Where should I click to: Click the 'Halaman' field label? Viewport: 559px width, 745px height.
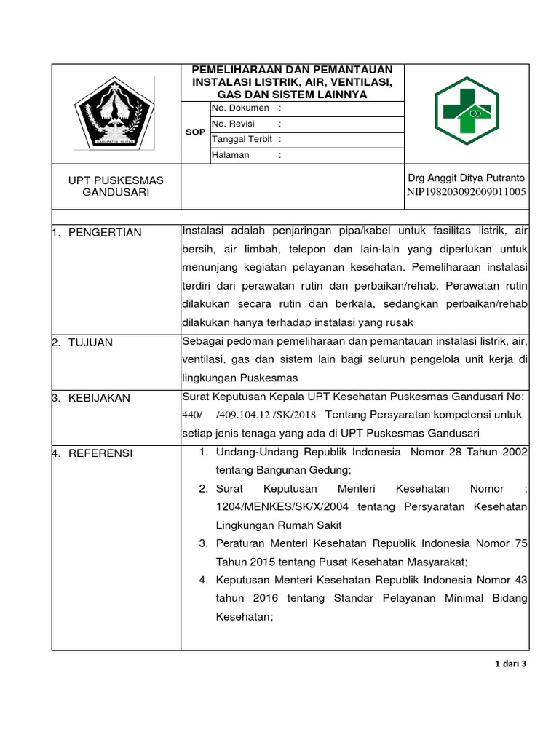230,155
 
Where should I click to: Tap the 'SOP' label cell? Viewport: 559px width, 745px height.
195,132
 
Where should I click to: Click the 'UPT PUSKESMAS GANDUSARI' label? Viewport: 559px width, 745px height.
116,186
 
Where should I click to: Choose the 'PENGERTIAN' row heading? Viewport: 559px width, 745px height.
105,232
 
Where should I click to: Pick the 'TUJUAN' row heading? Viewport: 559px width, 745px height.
90,342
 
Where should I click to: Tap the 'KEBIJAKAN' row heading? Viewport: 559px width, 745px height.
99,397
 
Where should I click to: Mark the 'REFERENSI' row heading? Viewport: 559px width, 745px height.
100,453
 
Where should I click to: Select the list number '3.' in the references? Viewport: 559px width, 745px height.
204,543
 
